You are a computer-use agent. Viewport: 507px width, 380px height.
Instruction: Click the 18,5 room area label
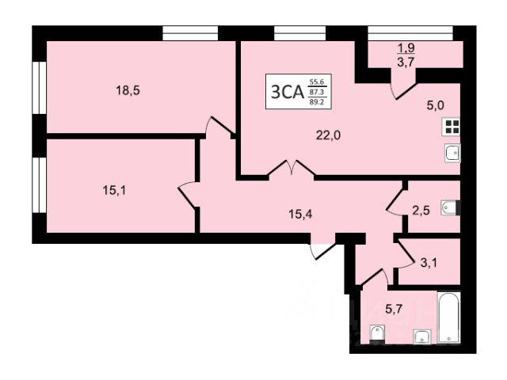128,90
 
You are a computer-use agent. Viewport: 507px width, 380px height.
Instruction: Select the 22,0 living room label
328,135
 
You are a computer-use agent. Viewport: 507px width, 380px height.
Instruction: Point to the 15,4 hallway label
299,212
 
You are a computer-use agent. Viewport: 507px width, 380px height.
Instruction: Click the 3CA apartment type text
288,92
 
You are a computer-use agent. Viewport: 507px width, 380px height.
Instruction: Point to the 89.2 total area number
317,101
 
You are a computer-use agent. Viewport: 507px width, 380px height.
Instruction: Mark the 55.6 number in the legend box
317,82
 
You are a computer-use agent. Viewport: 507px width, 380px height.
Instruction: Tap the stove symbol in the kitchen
452,127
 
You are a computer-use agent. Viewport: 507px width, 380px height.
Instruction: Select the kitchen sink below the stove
452,153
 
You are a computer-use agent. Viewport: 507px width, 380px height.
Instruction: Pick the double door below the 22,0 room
292,169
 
